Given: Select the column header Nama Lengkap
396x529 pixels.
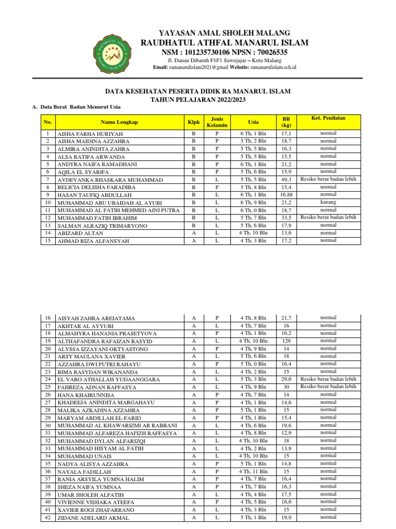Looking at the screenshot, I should (119, 122).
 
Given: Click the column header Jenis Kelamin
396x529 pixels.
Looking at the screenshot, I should (217, 122).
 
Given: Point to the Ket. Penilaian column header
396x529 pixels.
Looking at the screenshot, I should (328, 118).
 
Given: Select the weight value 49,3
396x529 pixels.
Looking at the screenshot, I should (286, 179).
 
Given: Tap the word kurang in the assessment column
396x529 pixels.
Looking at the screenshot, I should (328, 202).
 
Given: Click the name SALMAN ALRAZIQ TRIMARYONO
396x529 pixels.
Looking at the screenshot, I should (102, 226).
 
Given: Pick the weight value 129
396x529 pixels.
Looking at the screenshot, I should (286, 341).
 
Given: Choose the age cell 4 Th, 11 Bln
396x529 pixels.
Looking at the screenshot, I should (253, 471).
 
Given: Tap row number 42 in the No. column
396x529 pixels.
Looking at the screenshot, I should (47, 517).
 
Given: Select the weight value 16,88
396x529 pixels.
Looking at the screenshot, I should (286, 195).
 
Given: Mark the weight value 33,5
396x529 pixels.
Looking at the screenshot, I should (286, 217).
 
